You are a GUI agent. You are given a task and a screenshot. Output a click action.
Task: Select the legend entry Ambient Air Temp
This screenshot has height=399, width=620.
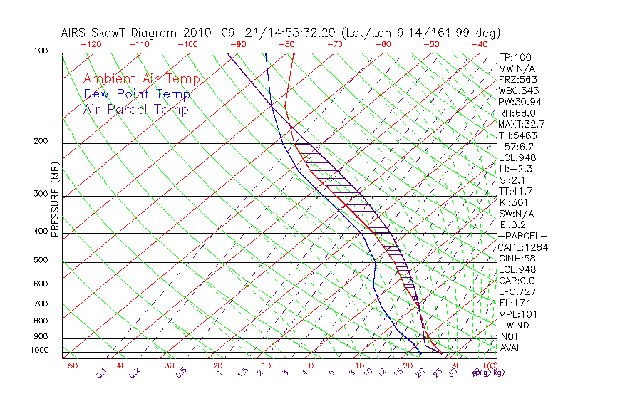click(x=141, y=80)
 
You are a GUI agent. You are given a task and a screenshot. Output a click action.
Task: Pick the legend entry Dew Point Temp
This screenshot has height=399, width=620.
click(x=137, y=95)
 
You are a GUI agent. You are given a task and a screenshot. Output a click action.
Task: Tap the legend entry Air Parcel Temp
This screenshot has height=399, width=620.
click(x=135, y=110)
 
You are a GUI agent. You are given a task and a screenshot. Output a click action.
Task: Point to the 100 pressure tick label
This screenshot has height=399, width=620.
click(x=41, y=51)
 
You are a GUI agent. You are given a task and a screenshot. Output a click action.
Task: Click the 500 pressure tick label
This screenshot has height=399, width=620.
click(x=41, y=261)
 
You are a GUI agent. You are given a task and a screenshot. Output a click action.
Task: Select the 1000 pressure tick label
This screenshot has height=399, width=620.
click(x=38, y=351)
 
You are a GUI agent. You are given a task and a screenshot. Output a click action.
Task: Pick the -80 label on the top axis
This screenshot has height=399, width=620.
click(x=286, y=44)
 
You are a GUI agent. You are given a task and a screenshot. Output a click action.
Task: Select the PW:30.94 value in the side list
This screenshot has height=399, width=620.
click(x=520, y=102)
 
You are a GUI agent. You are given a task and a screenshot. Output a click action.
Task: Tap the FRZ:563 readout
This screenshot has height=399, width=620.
click(x=517, y=80)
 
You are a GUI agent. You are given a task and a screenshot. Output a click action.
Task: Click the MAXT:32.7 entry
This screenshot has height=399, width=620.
click(x=522, y=124)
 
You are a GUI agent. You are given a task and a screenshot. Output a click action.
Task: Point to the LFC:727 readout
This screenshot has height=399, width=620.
click(x=517, y=292)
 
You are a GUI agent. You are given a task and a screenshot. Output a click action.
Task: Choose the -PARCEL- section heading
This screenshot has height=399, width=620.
click(x=522, y=236)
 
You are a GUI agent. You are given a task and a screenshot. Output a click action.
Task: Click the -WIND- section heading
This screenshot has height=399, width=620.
click(x=517, y=326)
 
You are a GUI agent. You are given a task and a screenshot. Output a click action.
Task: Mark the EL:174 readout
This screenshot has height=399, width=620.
click(x=515, y=303)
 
